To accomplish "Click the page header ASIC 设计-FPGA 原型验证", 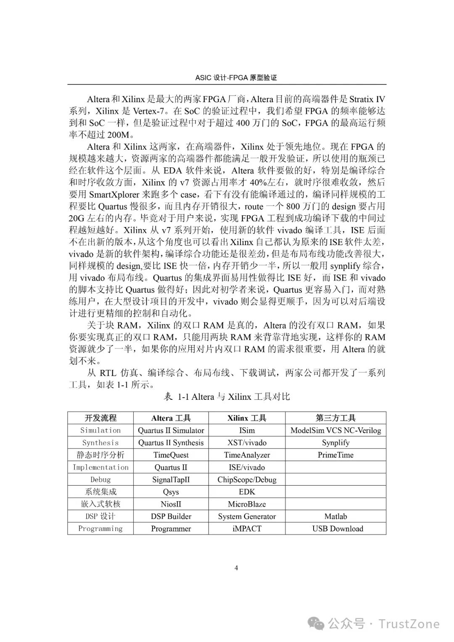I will coord(236,78).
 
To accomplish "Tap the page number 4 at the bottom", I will coord(236,568).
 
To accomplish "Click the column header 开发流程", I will coord(100,418).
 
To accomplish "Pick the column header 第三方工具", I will coord(335,418).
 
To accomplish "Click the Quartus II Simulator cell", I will coord(171,431).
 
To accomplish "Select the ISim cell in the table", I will coord(247,431).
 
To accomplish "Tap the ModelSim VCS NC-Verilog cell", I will coord(335,431).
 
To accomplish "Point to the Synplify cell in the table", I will coord(335,443).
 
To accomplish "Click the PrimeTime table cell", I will coord(335,455).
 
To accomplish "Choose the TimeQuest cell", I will coord(171,455).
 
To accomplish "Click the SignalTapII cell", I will coord(171,480).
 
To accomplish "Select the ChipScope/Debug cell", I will coord(247,480).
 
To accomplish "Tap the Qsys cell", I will coord(171,492).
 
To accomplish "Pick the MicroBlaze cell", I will coord(247,504).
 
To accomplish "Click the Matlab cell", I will coord(335,516).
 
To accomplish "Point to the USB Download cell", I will coord(338,529).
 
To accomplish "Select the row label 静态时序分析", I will coord(100,455).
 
